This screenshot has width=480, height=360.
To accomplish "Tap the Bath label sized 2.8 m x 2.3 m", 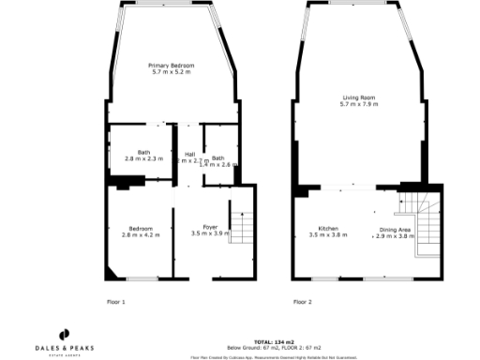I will (x=144, y=154).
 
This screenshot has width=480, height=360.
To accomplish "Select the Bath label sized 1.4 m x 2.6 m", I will (x=218, y=158).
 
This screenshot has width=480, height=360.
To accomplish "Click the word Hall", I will (x=189, y=154).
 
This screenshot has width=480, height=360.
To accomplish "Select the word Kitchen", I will (x=328, y=229).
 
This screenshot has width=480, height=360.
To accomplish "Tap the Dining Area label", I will (x=394, y=230).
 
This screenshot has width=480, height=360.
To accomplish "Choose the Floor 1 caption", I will (x=116, y=302).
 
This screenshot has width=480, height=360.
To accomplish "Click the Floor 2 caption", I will (x=302, y=302).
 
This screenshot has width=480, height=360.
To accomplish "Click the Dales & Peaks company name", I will (x=67, y=348).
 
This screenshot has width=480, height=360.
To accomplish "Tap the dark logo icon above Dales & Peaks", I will (x=66, y=334).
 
